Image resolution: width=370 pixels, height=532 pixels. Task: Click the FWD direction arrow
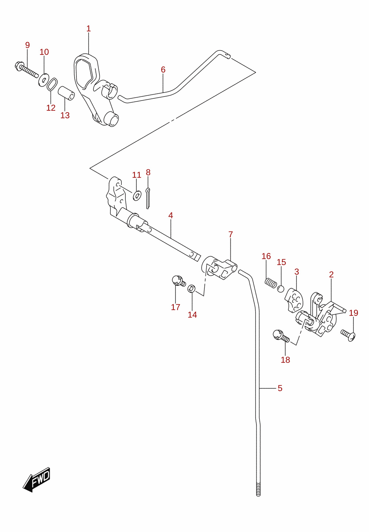tap(36, 479)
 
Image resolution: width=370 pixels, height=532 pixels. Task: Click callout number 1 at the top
tap(88, 29)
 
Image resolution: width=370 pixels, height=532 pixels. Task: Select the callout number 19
tap(354, 313)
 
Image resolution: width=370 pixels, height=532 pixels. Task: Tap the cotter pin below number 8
tap(148, 198)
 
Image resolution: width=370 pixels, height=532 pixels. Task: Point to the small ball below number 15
tap(280, 289)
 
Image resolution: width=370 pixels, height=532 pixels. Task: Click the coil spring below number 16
tap(271, 283)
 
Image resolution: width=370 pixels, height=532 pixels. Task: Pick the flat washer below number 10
tap(44, 80)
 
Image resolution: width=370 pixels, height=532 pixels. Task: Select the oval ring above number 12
tap(52, 84)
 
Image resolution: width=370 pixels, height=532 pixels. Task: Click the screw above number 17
tap(178, 281)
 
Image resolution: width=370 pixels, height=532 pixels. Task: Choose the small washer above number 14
tap(192, 288)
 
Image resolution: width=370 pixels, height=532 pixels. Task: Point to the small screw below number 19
tap(348, 335)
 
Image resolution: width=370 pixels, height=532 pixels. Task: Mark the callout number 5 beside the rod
tap(280, 388)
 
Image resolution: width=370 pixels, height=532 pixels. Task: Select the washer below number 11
tap(137, 196)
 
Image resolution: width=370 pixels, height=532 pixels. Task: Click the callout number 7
tap(231, 234)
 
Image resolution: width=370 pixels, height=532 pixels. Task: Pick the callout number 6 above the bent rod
tap(163, 69)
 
